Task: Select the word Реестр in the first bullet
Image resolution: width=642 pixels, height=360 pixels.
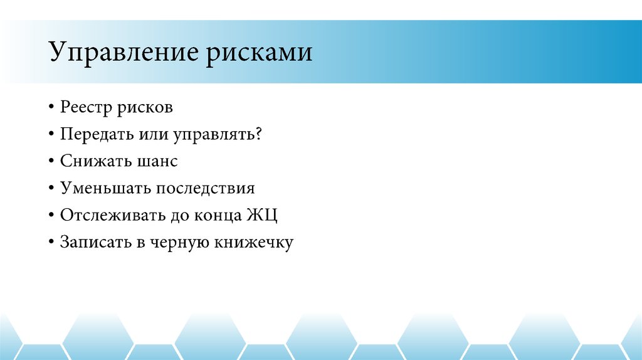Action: coord(85,107)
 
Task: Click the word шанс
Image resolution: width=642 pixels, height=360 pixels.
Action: coord(155,161)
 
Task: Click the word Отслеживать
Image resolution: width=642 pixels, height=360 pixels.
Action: coord(110,215)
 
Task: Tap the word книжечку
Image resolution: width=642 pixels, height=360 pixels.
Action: coord(253,242)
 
